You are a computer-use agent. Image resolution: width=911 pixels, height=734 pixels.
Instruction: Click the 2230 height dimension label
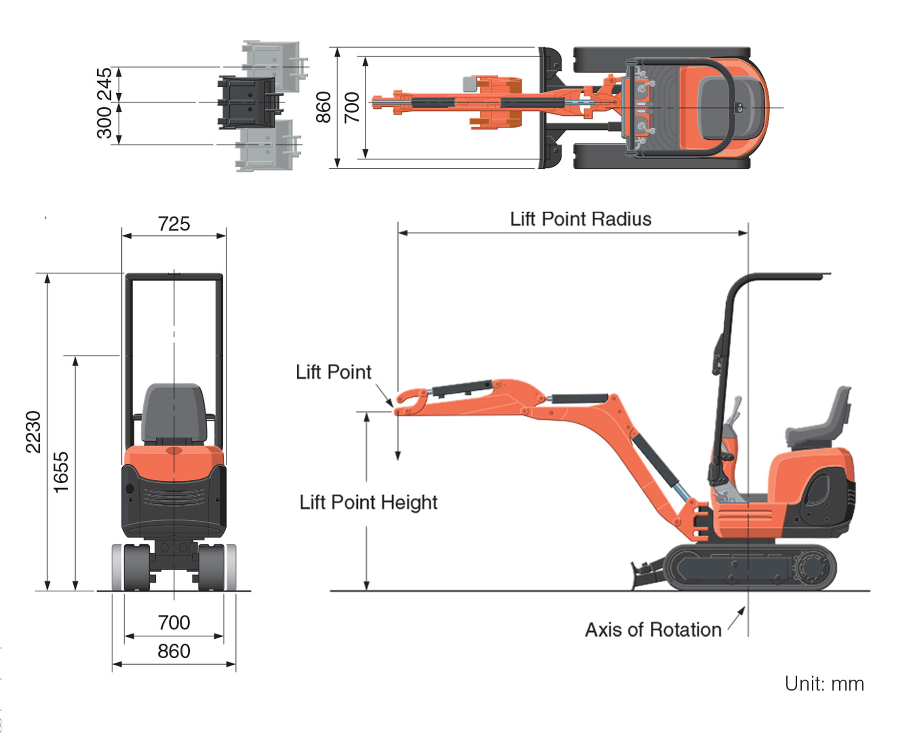coord(33,431)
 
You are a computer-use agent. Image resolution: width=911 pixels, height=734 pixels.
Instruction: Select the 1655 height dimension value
coord(61,472)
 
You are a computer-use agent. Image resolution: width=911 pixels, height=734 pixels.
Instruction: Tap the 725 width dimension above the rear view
coord(174,224)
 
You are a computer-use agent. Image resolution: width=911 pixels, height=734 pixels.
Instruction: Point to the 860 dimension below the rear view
coord(174,651)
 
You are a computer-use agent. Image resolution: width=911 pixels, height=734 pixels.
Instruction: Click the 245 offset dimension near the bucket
coord(104,84)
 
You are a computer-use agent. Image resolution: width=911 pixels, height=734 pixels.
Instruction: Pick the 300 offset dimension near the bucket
coord(104,123)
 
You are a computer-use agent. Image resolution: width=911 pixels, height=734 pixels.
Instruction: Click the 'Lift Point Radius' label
coord(580,219)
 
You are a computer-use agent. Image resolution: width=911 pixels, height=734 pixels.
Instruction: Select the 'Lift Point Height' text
coord(368,502)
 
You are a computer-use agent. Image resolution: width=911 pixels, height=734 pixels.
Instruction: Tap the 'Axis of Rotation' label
coord(653,630)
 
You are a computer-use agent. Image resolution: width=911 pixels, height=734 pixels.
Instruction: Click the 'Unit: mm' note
coord(823,684)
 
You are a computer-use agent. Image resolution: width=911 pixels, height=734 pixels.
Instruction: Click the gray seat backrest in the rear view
coord(174,413)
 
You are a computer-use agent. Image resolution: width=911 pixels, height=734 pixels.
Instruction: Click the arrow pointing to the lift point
coord(384,395)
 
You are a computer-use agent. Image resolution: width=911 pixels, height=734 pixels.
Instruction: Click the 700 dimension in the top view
coord(352,107)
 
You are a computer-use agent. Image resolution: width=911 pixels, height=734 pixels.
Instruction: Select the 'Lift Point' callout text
coord(333,372)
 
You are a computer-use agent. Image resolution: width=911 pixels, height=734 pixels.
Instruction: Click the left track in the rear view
coord(136,567)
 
